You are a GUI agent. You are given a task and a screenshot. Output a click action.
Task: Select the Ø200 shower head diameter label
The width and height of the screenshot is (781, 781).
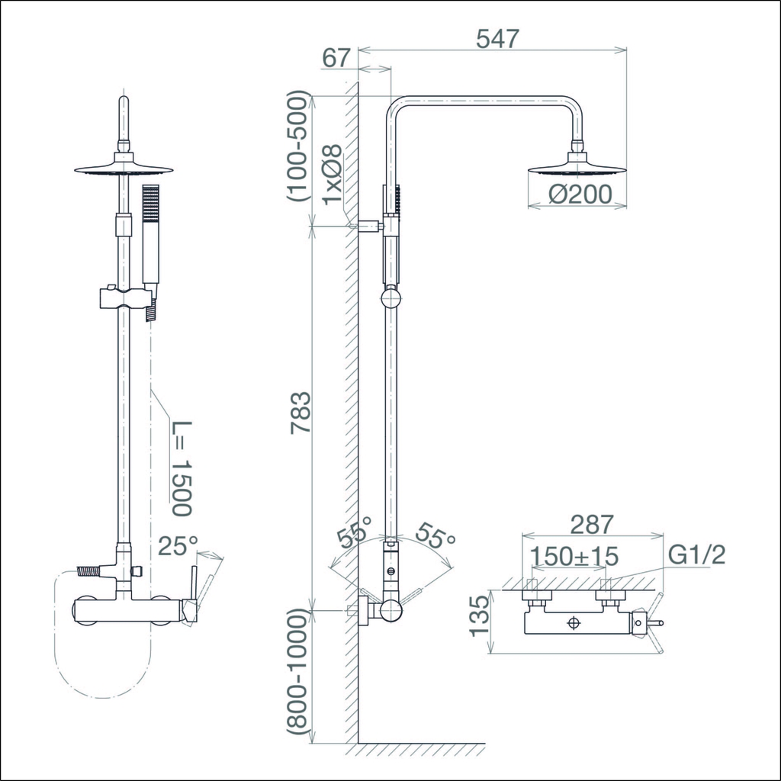(x=580, y=194)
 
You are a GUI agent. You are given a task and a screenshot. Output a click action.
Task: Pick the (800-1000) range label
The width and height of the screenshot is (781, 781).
(x=299, y=675)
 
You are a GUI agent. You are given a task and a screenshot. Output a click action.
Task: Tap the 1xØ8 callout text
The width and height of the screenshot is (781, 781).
(x=333, y=175)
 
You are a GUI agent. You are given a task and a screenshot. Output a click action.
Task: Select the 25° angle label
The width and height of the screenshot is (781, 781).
(x=177, y=545)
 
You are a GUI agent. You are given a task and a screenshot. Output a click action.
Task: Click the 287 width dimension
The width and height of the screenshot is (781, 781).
(x=592, y=525)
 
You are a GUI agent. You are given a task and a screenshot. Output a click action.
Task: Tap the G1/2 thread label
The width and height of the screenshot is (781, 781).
(x=695, y=555)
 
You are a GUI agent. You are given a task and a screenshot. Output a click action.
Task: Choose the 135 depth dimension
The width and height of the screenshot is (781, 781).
(x=478, y=616)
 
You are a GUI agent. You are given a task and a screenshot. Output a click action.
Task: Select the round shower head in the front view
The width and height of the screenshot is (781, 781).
(x=124, y=169)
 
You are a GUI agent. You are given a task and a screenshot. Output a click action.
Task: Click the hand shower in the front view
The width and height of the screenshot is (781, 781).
(x=150, y=236)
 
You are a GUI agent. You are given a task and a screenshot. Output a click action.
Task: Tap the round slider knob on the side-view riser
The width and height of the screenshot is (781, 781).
(x=390, y=297)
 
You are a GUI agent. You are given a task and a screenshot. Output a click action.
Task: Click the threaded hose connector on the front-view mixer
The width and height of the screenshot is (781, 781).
(x=92, y=570)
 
